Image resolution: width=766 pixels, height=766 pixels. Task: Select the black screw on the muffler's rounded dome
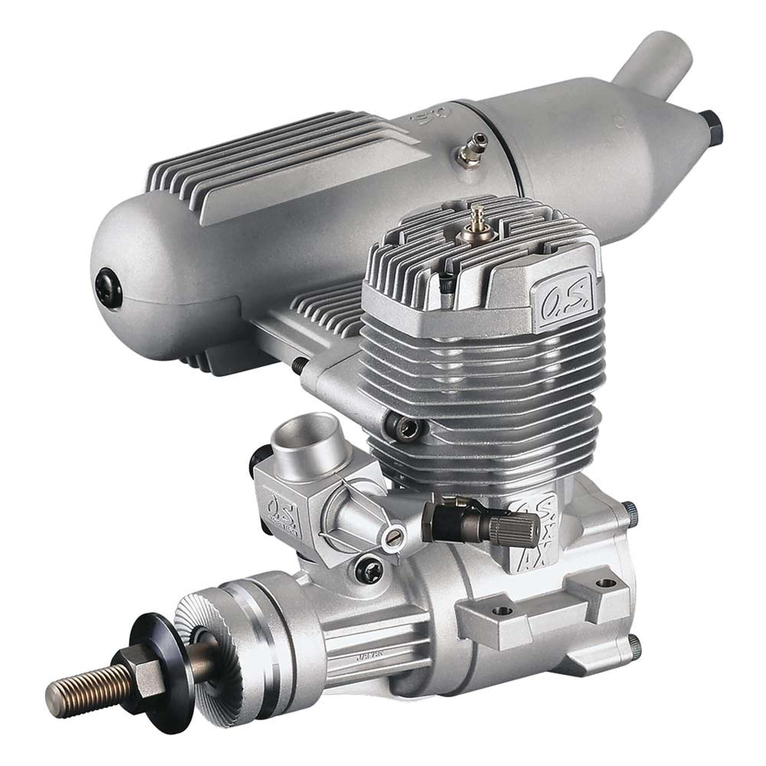[106, 283]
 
